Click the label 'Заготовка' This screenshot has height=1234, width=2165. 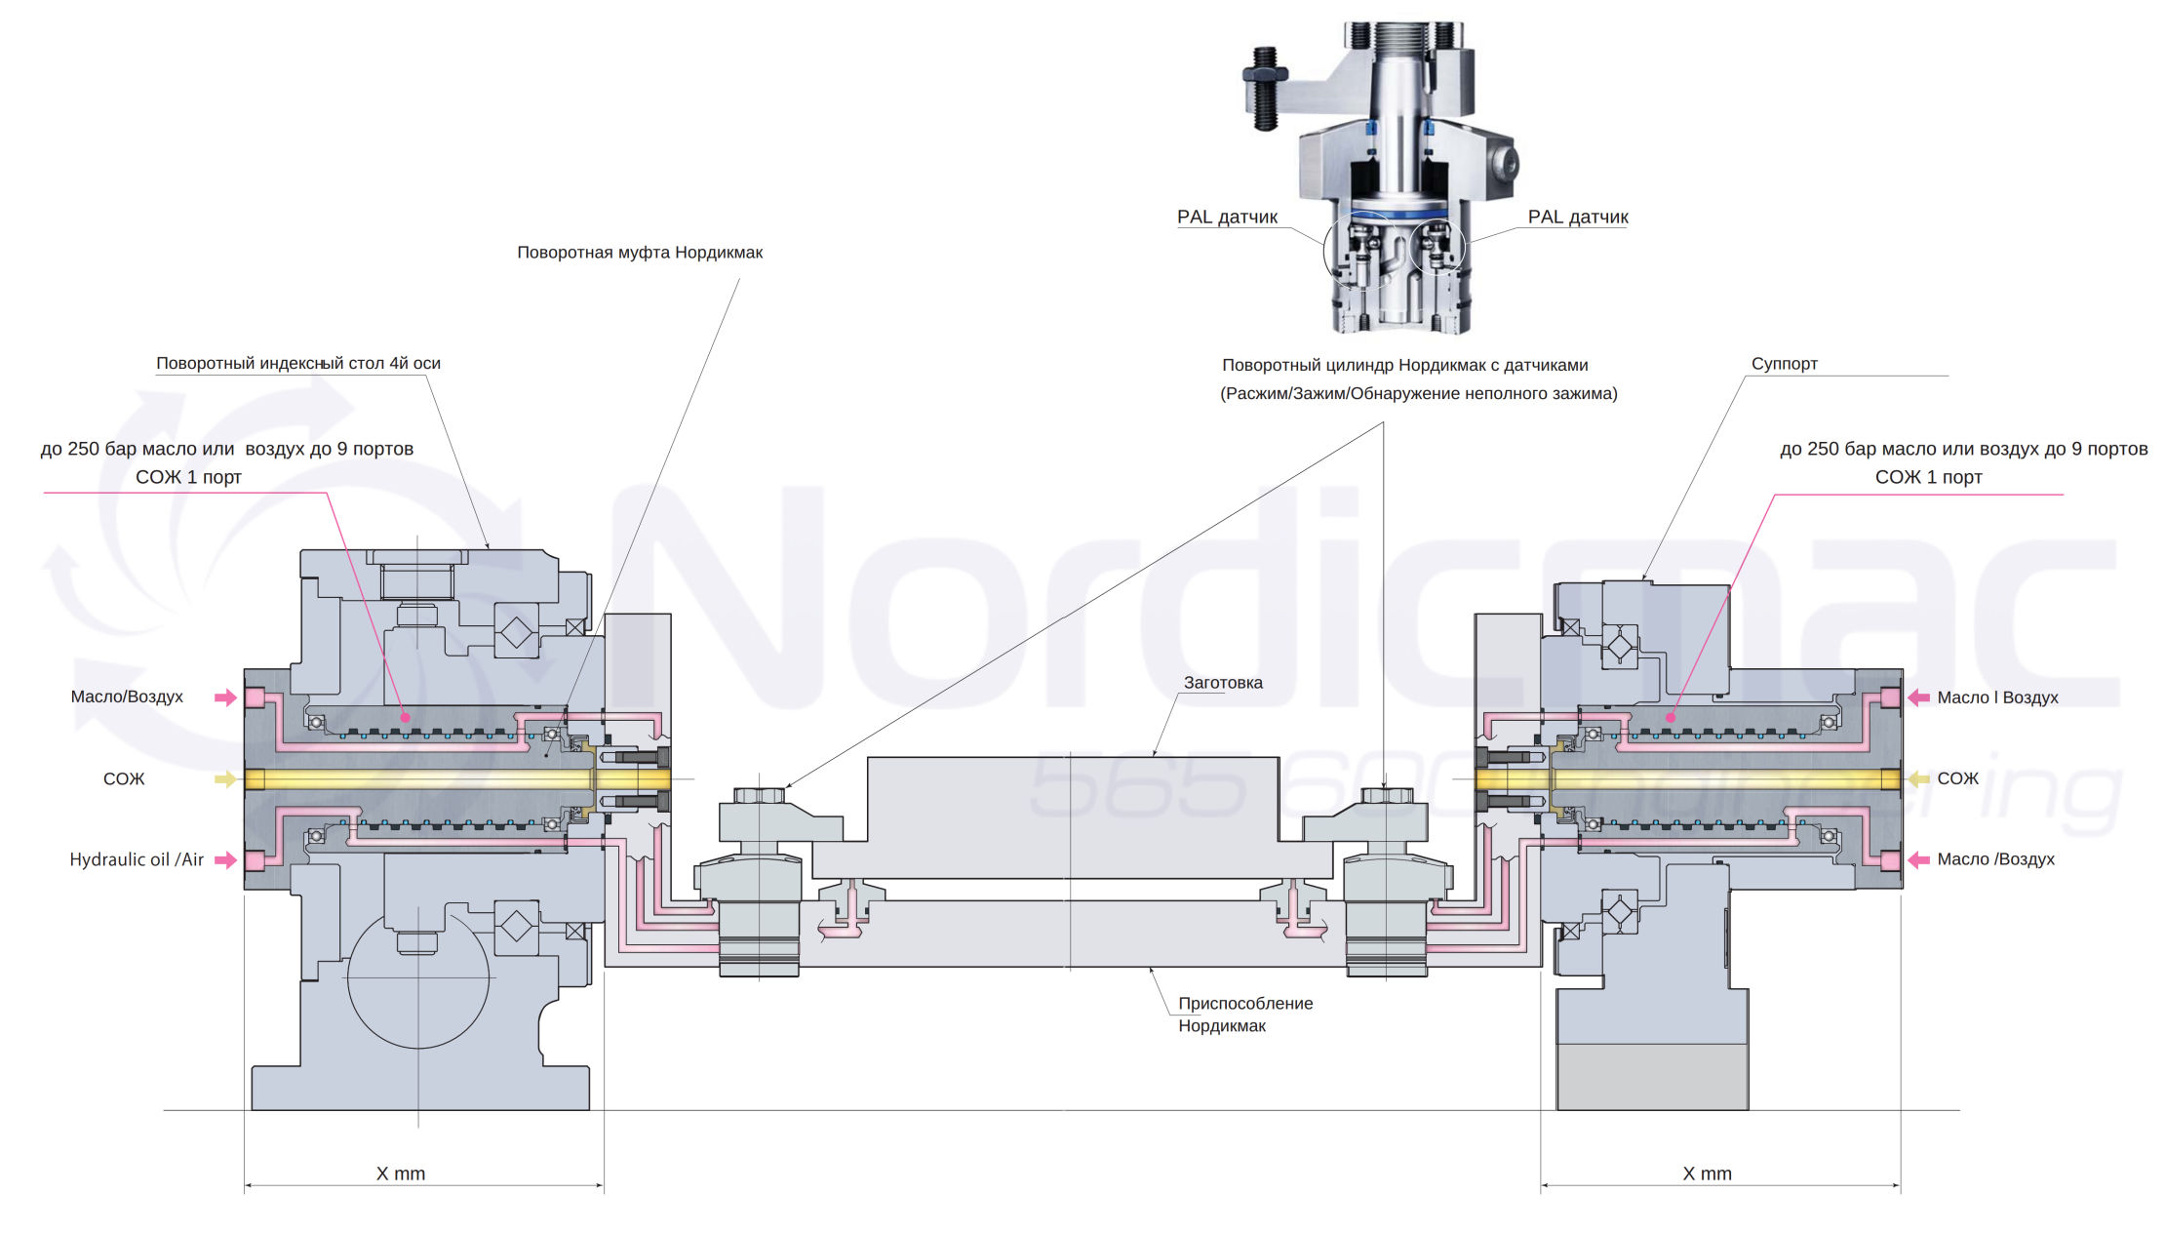tap(1223, 683)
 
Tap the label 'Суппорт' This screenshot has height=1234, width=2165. tap(1784, 364)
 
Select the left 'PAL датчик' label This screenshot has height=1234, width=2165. tap(1227, 217)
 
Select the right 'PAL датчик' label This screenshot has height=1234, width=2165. tap(1577, 217)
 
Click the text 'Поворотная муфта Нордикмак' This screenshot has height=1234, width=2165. tap(640, 253)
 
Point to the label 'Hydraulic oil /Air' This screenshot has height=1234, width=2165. tap(137, 859)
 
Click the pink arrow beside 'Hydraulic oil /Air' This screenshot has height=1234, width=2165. tap(225, 859)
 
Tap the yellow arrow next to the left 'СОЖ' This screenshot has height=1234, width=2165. tap(225, 778)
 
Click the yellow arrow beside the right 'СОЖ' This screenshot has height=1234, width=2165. tap(1918, 778)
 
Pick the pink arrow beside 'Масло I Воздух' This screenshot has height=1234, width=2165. tap(1918, 697)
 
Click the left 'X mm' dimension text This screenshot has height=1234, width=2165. tap(401, 1174)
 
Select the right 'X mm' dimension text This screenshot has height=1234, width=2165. tap(1707, 1174)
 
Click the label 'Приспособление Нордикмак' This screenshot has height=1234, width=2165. tap(1244, 1015)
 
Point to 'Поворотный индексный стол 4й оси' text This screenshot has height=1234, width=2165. tap(298, 364)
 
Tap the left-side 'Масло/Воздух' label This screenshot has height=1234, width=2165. tap(127, 697)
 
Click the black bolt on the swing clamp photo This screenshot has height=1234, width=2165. tap(1264, 88)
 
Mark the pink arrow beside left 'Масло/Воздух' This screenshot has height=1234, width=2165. tap(225, 697)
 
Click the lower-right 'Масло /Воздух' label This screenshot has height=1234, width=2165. tap(1995, 859)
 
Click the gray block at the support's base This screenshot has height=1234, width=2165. tap(1652, 1077)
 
